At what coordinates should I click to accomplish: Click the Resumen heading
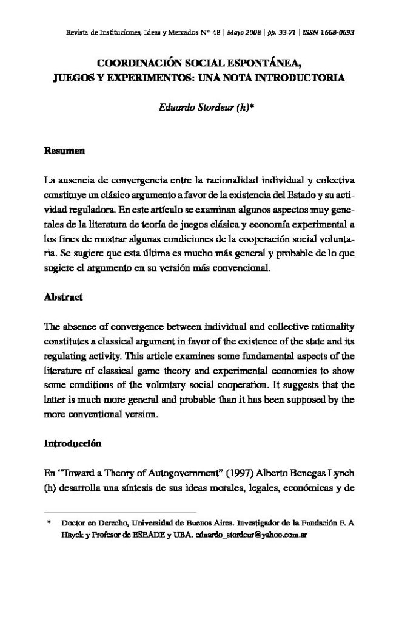click(64, 150)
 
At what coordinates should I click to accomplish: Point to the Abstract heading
click(63, 298)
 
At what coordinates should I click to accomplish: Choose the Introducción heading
click(72, 444)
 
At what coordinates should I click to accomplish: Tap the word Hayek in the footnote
click(72, 535)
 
